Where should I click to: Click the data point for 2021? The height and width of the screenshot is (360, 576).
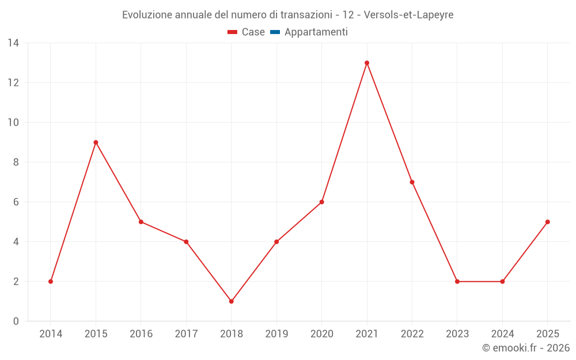click(x=367, y=63)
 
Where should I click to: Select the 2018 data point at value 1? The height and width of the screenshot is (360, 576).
click(x=231, y=301)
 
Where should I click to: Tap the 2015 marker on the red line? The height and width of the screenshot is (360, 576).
click(x=96, y=142)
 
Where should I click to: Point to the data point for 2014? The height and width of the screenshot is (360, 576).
click(x=51, y=282)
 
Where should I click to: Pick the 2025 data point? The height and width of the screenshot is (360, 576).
click(x=547, y=222)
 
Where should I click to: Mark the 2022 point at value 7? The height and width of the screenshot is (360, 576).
click(x=412, y=182)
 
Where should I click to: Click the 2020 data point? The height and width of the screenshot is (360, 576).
click(x=321, y=202)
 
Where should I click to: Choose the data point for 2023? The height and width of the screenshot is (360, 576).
click(x=457, y=282)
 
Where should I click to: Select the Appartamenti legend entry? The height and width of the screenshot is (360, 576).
click(x=316, y=32)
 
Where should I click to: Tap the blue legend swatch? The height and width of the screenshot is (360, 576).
click(x=275, y=32)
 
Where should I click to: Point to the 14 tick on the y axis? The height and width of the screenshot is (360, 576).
click(x=13, y=43)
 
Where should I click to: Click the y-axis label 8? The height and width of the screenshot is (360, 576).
click(x=16, y=162)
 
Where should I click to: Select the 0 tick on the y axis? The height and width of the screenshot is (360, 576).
click(x=16, y=321)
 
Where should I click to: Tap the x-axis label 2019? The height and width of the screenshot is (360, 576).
click(x=276, y=334)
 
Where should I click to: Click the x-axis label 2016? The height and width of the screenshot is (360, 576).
click(x=141, y=334)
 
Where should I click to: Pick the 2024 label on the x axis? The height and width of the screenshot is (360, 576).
click(x=502, y=334)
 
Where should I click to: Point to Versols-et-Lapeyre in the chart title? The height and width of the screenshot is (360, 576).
click(x=409, y=15)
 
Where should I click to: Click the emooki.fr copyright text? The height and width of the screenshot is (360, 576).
click(x=526, y=348)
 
